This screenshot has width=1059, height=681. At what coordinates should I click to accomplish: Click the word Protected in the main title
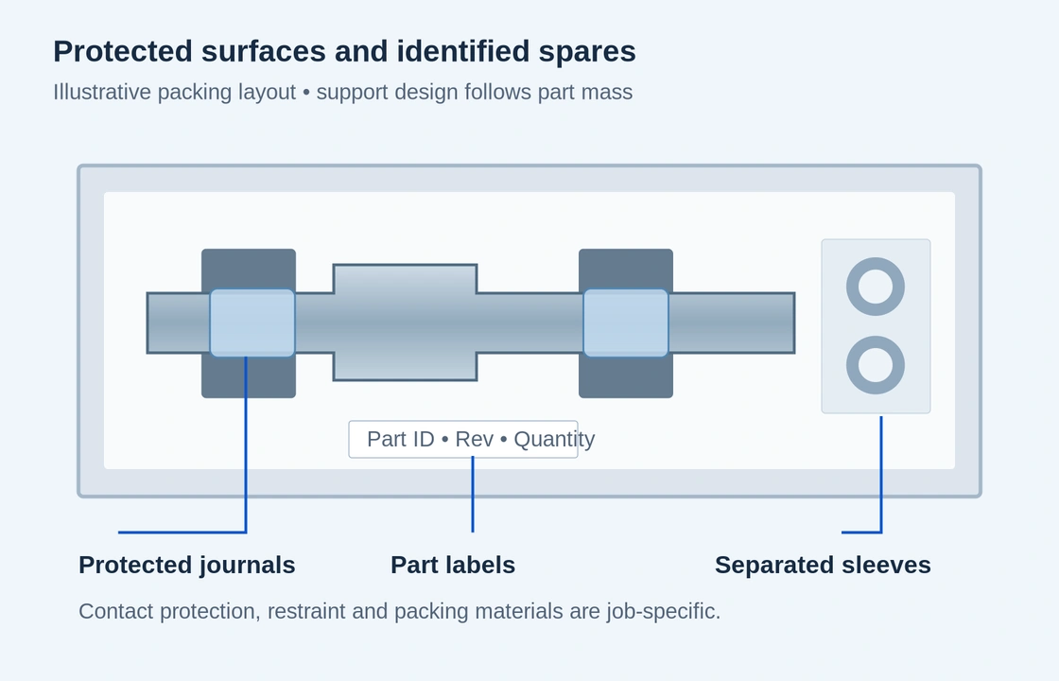click(123, 51)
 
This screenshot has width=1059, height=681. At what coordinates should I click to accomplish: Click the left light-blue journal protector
click(252, 323)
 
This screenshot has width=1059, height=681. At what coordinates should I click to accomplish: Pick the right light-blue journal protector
click(626, 323)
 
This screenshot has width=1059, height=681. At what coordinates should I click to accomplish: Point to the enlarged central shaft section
click(406, 323)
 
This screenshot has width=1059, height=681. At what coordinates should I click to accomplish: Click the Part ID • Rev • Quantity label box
click(463, 439)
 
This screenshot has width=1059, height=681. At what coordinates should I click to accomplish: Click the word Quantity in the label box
click(554, 440)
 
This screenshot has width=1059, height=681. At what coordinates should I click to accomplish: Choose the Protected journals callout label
click(187, 565)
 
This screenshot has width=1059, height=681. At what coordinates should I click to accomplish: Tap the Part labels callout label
click(453, 565)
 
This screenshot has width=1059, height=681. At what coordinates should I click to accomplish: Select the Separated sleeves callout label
click(823, 565)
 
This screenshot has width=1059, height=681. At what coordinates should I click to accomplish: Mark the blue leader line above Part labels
click(473, 494)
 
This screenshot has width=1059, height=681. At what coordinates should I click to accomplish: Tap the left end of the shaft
click(148, 323)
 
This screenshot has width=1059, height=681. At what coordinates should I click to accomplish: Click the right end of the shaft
click(794, 323)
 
